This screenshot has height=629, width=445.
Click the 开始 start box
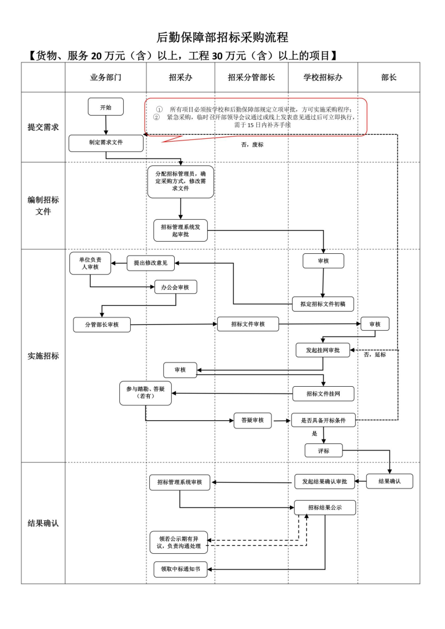tap(105, 107)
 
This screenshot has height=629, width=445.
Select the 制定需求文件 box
tap(105, 143)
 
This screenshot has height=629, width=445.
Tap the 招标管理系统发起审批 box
tap(180, 231)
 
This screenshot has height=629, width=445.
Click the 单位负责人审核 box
tap(90, 263)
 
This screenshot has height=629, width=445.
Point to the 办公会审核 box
tap(175, 287)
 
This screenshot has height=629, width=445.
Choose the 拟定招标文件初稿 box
tap(323, 304)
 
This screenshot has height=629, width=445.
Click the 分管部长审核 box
tap(102, 324)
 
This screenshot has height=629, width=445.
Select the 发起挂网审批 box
tap(323, 350)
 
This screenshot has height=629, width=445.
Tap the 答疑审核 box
tap(252, 420)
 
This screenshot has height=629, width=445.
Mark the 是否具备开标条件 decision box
tap(323, 420)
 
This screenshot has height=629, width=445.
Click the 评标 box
tap(323, 450)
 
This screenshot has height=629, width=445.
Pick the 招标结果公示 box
tap(325, 507)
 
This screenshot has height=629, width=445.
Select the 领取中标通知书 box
tap(180, 569)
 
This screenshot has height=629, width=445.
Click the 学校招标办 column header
tap(323, 77)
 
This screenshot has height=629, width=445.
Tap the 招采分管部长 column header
tap(251, 77)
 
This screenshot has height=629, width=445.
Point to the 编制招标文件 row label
tap(43, 206)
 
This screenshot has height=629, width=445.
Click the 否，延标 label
tap(374, 355)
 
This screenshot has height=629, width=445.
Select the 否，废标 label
tap(252, 145)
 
